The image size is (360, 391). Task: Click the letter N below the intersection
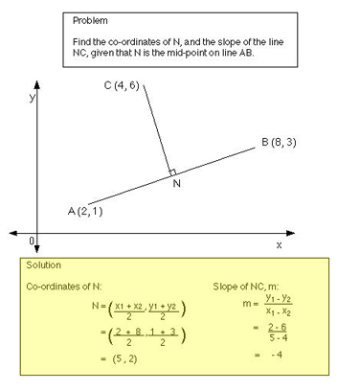tap(177, 185)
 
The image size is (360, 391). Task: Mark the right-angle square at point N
tap(172, 172)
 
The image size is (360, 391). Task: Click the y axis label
tap(32, 97)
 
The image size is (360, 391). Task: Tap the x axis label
tap(279, 245)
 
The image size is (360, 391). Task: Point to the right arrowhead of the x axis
tap(340, 232)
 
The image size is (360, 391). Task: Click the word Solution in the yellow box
tap(47, 264)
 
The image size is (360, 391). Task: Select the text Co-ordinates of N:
tap(68, 286)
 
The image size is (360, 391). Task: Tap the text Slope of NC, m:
tap(249, 286)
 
